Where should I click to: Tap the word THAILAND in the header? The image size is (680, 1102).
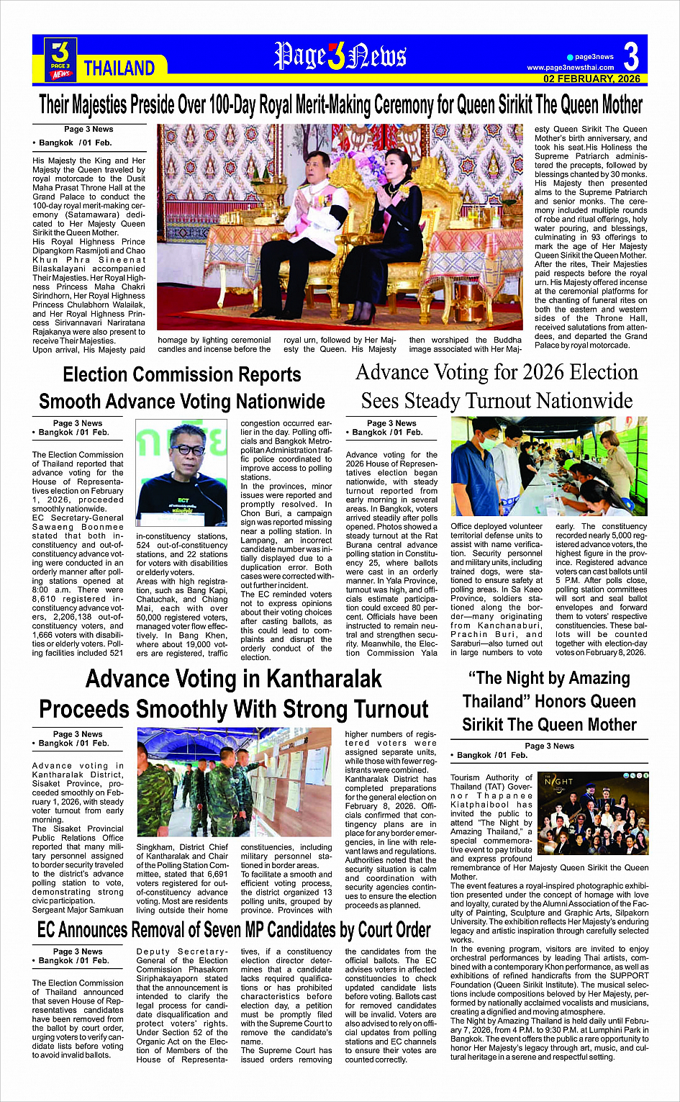pyautogui.click(x=119, y=68)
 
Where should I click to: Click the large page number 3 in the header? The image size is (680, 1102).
pyautogui.click(x=630, y=56)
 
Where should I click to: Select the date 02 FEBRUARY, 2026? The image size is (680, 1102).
pyautogui.click(x=591, y=78)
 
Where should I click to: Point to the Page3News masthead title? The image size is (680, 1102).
pyautogui.click(x=340, y=56)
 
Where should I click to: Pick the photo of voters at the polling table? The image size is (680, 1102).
pyautogui.click(x=549, y=466)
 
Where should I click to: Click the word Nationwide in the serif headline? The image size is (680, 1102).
pyautogui.click(x=584, y=401)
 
